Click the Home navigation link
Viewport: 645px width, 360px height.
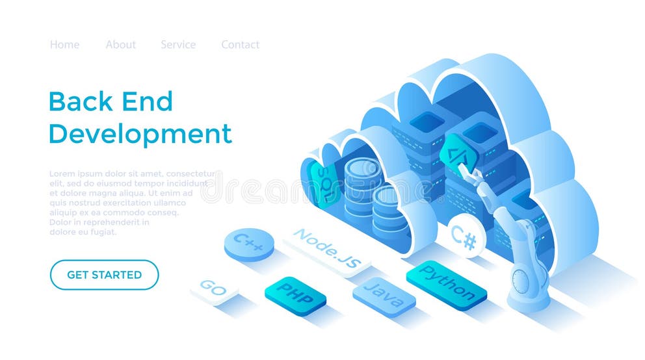pyautogui.click(x=64, y=45)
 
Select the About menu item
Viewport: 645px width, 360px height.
pyautogui.click(x=121, y=45)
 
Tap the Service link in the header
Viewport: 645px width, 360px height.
pyautogui.click(x=178, y=45)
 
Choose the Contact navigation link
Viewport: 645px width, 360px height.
pyautogui.click(x=240, y=45)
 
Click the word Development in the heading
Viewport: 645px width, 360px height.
pyautogui.click(x=140, y=134)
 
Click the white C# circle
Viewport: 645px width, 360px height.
pyautogui.click(x=464, y=237)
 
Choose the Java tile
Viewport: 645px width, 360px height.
pyautogui.click(x=384, y=296)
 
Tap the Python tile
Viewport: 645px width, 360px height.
pyautogui.click(x=446, y=283)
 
